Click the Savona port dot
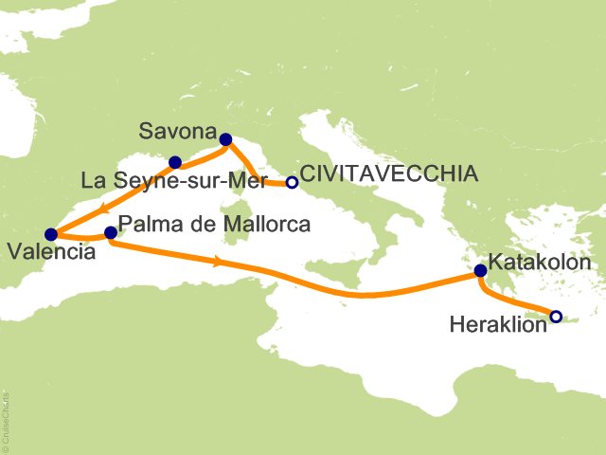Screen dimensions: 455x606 [x=225, y=140]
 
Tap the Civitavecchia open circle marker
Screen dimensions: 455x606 [x=293, y=182]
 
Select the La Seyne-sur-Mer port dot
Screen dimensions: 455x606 [x=175, y=162]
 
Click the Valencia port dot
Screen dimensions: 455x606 [x=51, y=233]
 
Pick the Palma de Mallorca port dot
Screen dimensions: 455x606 [x=111, y=232]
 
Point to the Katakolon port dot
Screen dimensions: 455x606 [x=481, y=271]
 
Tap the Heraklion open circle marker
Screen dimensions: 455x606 [x=556, y=317]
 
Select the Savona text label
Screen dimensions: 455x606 [x=177, y=131]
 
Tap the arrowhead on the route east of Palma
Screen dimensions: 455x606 [x=220, y=260]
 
